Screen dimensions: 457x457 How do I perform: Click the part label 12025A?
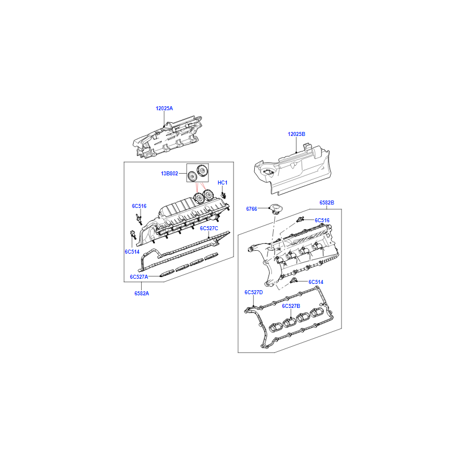coord(164,109)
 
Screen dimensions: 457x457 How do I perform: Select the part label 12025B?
coord(296,134)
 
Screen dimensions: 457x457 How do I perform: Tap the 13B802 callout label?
coord(169,174)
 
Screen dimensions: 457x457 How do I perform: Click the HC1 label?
coord(222,183)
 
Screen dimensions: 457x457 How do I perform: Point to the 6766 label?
coord(251,209)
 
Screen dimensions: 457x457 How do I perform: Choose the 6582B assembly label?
coord(327,203)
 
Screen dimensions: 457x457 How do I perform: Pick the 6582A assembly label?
coord(142,294)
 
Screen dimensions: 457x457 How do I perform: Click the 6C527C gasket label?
coord(209,228)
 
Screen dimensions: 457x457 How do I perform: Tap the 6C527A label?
coord(139,277)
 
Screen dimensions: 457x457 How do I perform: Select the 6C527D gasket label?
coord(254,292)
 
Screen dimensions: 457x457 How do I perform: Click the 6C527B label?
coord(291,306)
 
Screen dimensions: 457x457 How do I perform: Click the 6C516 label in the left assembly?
coord(139,206)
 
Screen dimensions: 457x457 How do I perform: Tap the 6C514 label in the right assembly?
coord(316,282)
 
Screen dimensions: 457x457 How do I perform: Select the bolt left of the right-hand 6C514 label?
coord(294,281)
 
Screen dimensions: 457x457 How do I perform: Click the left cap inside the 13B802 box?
coord(192,176)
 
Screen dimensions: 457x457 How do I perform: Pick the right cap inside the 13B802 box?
coord(202,170)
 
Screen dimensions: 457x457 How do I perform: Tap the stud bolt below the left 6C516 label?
coord(138,219)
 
